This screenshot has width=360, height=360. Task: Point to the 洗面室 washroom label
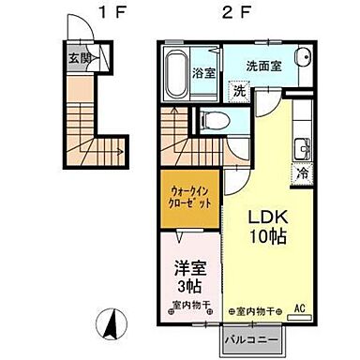264,67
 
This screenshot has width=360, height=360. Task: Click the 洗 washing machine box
239,91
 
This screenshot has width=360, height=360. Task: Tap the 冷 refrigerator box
304,173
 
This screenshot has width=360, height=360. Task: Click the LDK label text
265,214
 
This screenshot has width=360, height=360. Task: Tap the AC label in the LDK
300,307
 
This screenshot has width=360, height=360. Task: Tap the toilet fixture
211,119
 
